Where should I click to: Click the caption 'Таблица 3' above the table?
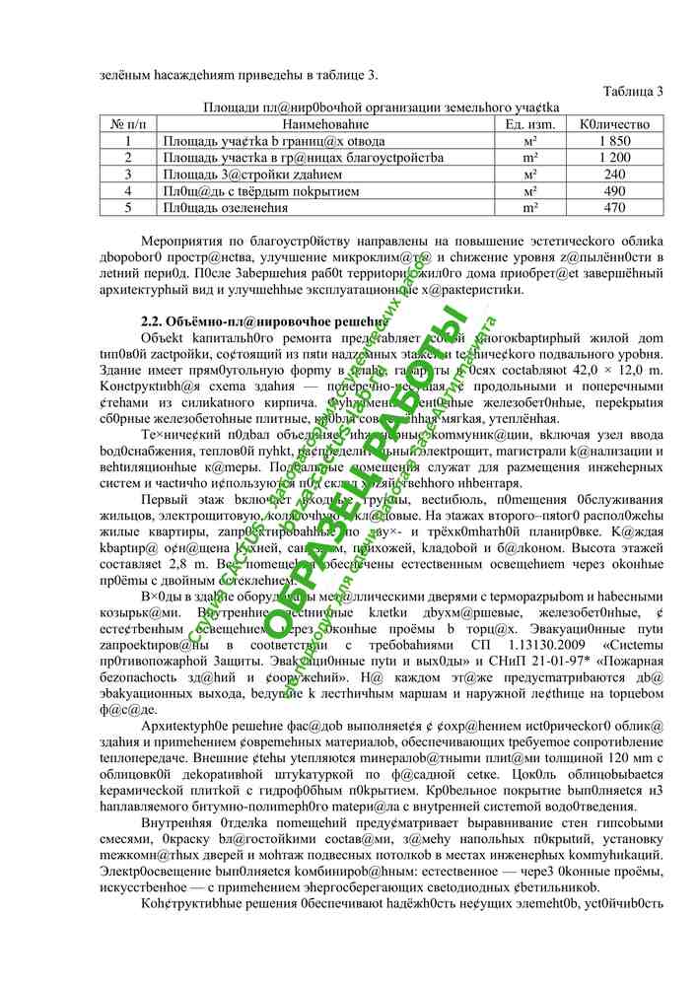pos(633,92)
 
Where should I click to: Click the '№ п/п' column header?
pos(128,124)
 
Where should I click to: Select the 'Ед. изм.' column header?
pos(530,124)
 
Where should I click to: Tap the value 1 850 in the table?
pos(614,141)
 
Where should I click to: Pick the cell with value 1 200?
pos(614,158)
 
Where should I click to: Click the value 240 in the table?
pos(614,175)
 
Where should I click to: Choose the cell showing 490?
pos(614,191)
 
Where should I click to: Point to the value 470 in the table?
pos(614,208)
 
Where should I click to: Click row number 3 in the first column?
pos(128,175)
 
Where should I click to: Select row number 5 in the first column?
pos(128,208)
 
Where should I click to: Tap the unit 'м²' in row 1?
pos(530,141)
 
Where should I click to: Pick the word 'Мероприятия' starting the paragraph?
pos(182,242)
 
